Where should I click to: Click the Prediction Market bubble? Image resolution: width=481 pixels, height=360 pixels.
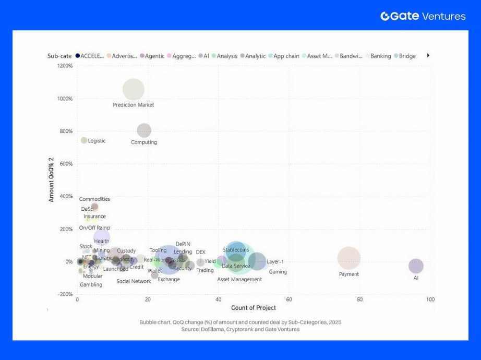click(134, 89)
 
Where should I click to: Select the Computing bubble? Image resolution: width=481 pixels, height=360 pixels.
click(144, 130)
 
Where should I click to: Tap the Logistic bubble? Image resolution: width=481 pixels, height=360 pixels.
click(84, 140)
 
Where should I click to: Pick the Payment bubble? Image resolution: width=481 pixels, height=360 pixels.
click(349, 258)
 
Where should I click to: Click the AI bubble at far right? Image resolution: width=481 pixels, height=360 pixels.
click(416, 266)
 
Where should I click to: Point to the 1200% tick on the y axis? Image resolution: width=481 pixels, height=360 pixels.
click(66, 66)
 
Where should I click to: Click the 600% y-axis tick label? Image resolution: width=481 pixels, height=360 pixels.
click(66, 164)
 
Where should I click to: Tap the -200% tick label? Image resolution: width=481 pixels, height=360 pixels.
click(65, 294)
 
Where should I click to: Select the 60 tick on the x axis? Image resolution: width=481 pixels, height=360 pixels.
click(289, 299)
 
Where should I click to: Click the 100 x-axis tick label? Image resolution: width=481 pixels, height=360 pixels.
click(430, 299)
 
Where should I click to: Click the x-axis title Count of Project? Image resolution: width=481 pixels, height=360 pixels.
click(254, 308)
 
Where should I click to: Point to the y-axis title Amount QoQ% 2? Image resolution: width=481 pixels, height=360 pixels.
click(52, 182)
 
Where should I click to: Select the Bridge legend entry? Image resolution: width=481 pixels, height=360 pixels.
click(407, 56)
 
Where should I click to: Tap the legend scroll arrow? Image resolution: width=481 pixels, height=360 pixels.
click(428, 55)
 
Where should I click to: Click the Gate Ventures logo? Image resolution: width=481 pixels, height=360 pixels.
click(423, 16)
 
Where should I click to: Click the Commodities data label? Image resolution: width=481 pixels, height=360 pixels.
click(94, 199)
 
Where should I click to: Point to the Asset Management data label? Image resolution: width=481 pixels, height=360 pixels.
click(239, 280)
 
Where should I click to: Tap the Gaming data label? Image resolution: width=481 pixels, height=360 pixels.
click(278, 272)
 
